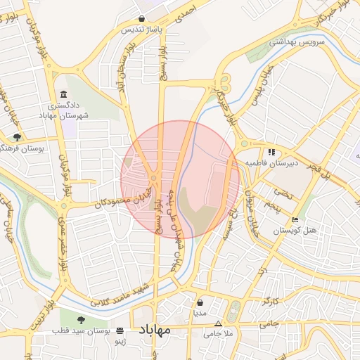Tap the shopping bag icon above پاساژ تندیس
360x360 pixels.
tap(143, 19)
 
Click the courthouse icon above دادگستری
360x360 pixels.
tap(64, 95)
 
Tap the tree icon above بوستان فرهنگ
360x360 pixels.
tap(16, 136)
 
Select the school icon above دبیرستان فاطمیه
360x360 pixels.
tap(271, 151)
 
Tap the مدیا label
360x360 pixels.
tap(200, 314)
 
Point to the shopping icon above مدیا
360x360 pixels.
tap(200, 302)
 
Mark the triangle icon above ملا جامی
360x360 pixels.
tap(219, 324)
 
